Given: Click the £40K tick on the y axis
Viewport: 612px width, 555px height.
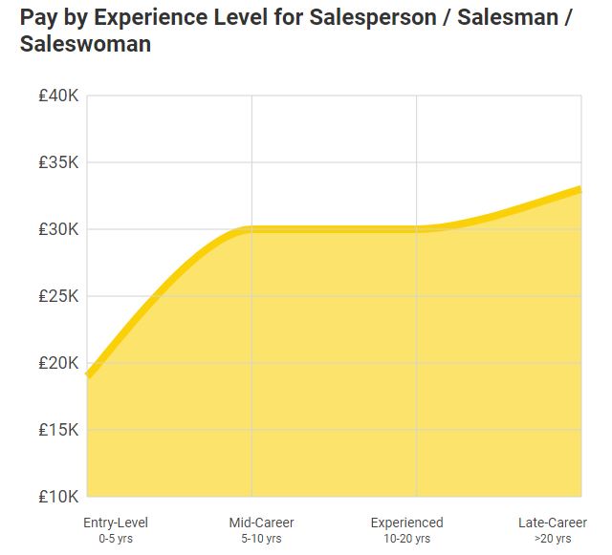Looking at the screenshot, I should (58, 96).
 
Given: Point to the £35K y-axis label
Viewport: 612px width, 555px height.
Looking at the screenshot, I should (58, 162).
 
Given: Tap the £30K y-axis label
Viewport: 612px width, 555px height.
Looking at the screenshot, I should (58, 229).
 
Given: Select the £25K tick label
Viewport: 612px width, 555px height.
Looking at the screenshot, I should (58, 296).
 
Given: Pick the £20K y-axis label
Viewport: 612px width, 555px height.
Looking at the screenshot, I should (58, 363).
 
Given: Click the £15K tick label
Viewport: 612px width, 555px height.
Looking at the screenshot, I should (58, 430).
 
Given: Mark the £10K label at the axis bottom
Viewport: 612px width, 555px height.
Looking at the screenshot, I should (58, 497).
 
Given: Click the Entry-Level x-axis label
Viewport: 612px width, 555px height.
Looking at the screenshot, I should (116, 523).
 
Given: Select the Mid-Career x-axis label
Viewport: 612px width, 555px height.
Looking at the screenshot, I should (261, 523).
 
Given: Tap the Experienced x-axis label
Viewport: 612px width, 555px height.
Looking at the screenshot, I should (406, 523).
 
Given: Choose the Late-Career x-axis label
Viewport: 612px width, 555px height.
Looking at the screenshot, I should (553, 523).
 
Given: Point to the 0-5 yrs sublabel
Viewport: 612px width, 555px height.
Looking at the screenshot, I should (116, 539).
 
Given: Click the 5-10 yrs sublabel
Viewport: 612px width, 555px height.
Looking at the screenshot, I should (261, 539).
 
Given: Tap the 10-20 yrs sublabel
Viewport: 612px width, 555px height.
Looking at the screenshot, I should (406, 539).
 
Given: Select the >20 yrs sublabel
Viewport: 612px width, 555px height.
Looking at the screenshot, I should (553, 539).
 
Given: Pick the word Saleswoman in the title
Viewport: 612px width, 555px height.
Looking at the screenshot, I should (85, 44).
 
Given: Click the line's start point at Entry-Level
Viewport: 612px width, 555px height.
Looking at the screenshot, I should (88, 375).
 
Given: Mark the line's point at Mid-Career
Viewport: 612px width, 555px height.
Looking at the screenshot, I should (251, 229).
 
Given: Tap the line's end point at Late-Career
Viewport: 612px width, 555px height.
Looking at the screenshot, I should (580, 189).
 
